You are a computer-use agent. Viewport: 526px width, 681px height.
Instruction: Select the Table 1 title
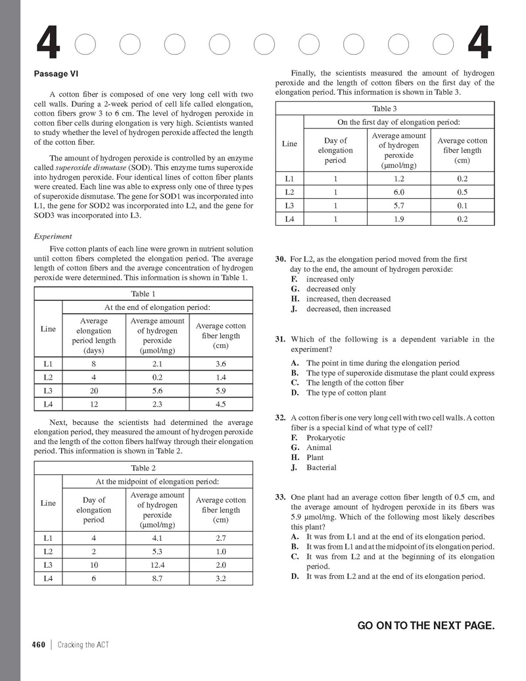click(144, 293)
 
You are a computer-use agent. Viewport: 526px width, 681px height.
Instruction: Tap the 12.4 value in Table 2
click(157, 565)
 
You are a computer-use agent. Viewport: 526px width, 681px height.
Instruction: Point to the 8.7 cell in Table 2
click(157, 579)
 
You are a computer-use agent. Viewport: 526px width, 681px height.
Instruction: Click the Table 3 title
click(385, 109)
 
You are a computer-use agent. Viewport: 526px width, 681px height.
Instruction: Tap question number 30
click(280, 259)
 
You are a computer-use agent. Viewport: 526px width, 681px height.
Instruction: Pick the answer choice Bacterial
click(321, 468)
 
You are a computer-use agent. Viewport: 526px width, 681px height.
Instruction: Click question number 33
click(280, 497)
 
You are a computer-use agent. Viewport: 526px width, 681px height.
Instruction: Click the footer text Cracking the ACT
click(83, 645)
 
